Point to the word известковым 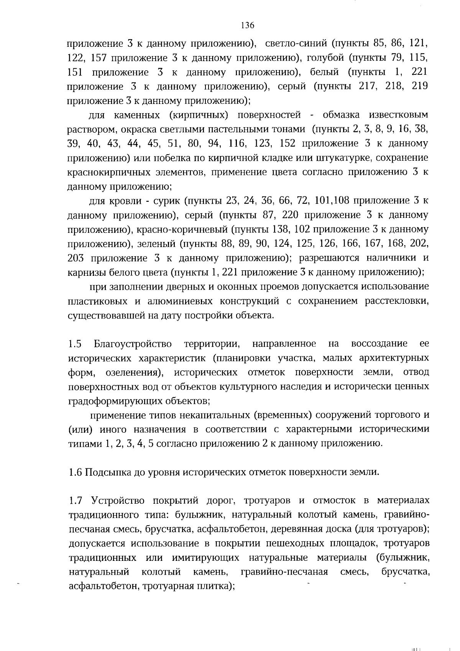pyautogui.click(x=398, y=115)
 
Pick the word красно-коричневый pyautogui.click(x=186, y=229)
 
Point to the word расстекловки pyautogui.click(x=399, y=301)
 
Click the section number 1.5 pyautogui.click(x=75, y=343)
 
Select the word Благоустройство pyautogui.click(x=133, y=343)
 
